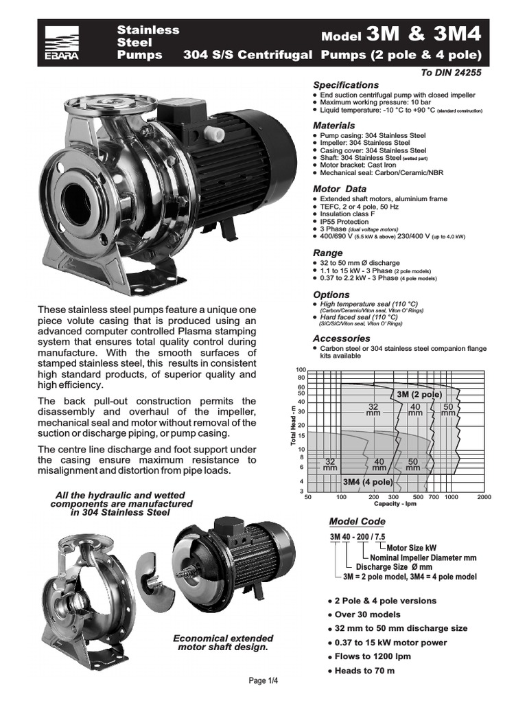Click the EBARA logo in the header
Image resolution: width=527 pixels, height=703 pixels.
(x=62, y=43)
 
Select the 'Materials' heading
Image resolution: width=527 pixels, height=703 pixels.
(x=334, y=126)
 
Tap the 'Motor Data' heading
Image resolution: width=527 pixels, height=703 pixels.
(x=340, y=188)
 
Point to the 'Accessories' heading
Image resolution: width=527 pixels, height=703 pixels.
(x=341, y=338)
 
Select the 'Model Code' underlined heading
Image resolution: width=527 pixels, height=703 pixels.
(x=358, y=522)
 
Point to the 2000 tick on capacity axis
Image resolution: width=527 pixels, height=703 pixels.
(x=484, y=496)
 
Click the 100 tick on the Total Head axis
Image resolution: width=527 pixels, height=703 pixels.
(x=301, y=370)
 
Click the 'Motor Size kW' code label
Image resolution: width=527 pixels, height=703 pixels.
(x=412, y=548)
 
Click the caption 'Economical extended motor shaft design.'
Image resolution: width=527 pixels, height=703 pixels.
(x=223, y=643)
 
